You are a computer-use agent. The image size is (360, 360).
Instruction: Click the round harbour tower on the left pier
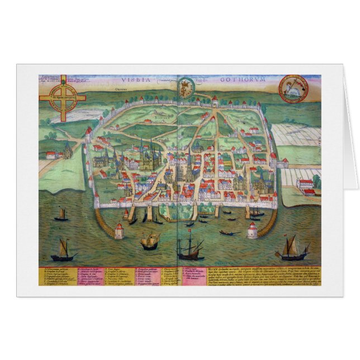pyautogui.click(x=119, y=230)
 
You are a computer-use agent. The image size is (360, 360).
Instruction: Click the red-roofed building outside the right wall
pyautogui.click(x=305, y=186)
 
